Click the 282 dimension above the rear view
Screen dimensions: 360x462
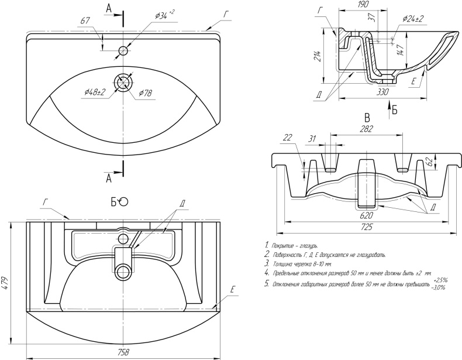[366, 129]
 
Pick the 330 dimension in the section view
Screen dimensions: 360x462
[383, 92]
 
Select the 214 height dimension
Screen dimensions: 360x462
[317, 57]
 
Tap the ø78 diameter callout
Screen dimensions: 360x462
[146, 94]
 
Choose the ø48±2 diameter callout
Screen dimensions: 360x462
[95, 92]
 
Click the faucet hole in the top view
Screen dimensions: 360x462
[123, 51]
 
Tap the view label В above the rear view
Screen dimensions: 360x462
[367, 116]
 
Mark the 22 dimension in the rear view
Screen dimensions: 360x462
[287, 137]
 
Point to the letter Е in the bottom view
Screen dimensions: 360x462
[232, 290]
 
